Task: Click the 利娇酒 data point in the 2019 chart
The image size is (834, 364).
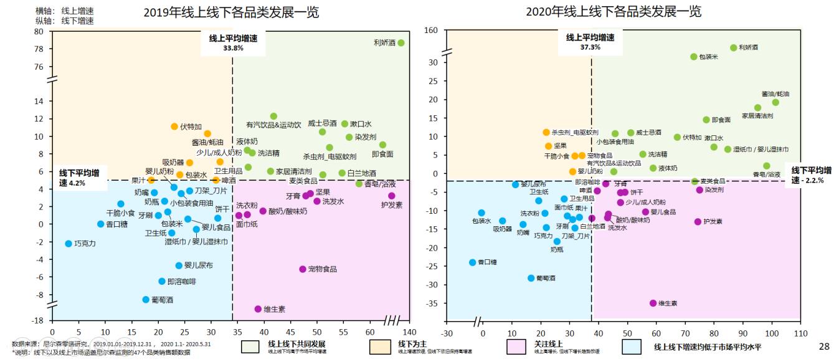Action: click(x=401, y=43)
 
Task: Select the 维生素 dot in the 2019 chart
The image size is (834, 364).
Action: click(x=258, y=309)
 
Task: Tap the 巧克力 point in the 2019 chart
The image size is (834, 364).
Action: click(x=69, y=244)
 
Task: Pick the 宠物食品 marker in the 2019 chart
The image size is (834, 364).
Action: click(x=303, y=269)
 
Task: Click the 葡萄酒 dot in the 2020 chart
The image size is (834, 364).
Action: click(x=531, y=278)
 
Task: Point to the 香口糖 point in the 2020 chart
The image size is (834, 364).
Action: click(x=473, y=262)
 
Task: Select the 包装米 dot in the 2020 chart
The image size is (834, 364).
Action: click(x=693, y=57)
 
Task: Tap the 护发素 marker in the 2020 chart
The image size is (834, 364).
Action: click(x=698, y=222)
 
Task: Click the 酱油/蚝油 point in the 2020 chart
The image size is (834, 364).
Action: click(x=775, y=102)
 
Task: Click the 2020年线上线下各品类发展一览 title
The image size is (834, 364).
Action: click(x=614, y=12)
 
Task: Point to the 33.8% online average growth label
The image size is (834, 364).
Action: click(x=232, y=48)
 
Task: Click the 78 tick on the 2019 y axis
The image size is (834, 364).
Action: click(x=39, y=49)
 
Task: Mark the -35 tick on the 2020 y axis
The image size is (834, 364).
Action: click(x=433, y=304)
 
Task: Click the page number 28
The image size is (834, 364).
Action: click(x=824, y=346)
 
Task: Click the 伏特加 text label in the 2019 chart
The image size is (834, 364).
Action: click(x=191, y=127)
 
